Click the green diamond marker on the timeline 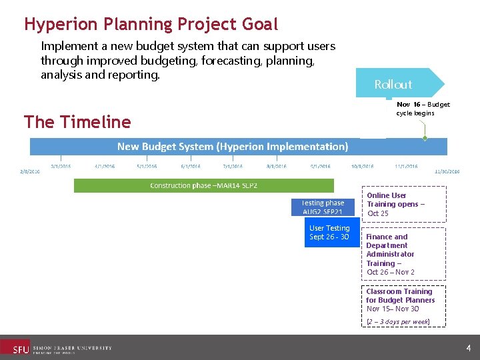click(x=425, y=139)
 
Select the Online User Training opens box click(x=403, y=204)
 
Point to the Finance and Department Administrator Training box click(x=403, y=254)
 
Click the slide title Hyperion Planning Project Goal click(x=151, y=25)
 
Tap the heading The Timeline click(x=77, y=122)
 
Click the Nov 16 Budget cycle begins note click(x=423, y=109)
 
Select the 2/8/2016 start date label click(x=29, y=171)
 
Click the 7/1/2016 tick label click(x=233, y=166)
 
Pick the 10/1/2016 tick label click(x=363, y=166)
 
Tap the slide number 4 click(x=469, y=348)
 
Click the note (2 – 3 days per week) click(x=398, y=321)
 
